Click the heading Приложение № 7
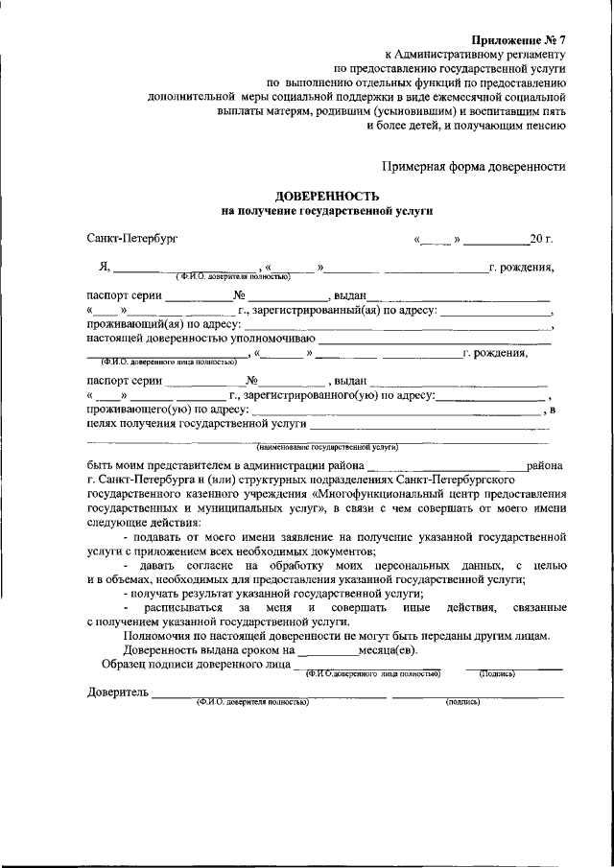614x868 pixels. point(519,39)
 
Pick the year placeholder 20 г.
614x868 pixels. point(541,237)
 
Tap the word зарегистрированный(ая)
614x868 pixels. point(311,311)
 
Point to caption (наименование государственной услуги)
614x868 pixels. point(326,447)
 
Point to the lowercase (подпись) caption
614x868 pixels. point(462,702)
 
